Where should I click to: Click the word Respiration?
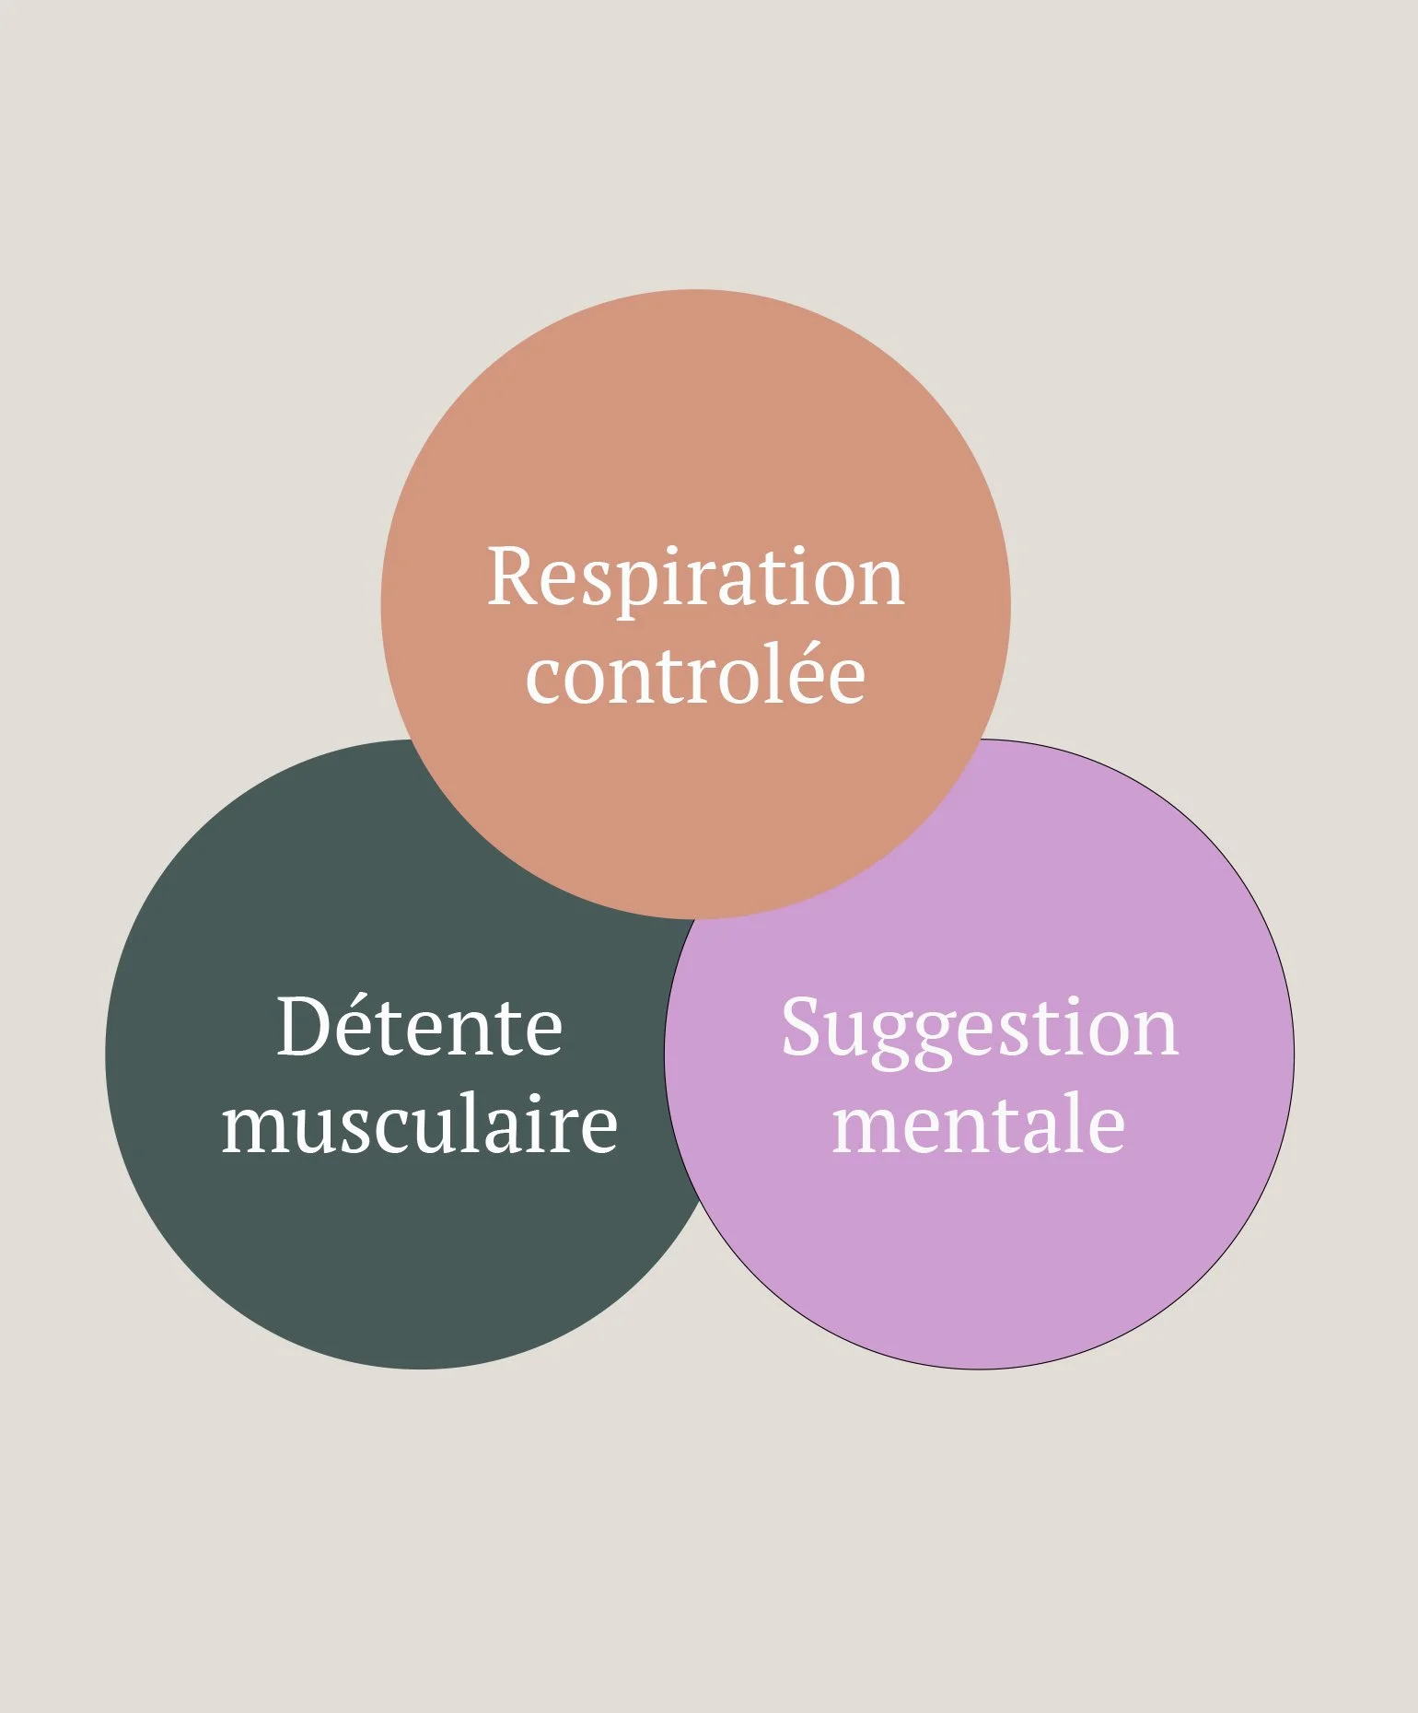point(695,577)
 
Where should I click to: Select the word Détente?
point(419,1027)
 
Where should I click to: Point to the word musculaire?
point(419,1125)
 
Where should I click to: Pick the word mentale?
point(979,1125)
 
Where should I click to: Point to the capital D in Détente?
point(303,1027)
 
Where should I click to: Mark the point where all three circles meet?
point(695,918)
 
